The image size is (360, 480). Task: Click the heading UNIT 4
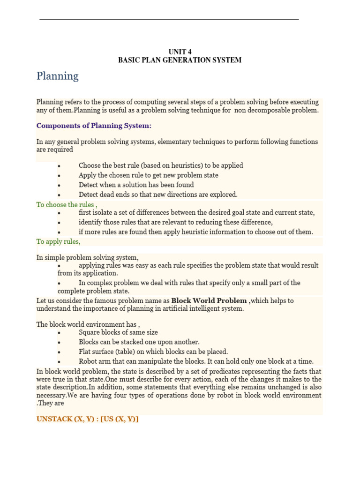pos(180,52)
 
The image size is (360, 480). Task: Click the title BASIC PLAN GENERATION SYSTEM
pos(180,60)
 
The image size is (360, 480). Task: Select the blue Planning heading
pos(58,76)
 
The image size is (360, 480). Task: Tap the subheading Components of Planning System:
pos(94,126)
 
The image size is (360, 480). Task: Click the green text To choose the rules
pos(66,205)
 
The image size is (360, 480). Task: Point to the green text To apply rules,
pos(59,241)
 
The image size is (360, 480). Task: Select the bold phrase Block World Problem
pos(209,300)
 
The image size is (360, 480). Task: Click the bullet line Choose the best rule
pos(160,165)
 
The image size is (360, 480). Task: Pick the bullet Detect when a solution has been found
pos(136,185)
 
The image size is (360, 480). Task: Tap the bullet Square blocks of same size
pos(118,332)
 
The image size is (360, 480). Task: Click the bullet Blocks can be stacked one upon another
pos(139,342)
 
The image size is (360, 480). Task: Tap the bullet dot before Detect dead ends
pos(59,195)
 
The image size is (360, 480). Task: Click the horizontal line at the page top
pos(169,20)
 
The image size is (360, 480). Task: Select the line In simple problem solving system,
pos(88,258)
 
